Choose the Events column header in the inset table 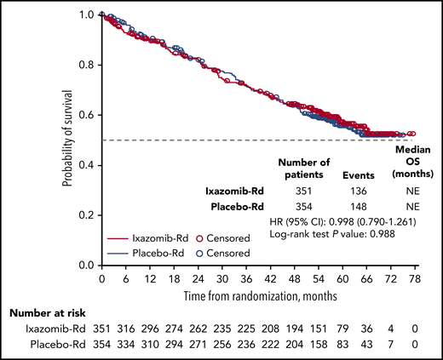click(359, 175)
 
